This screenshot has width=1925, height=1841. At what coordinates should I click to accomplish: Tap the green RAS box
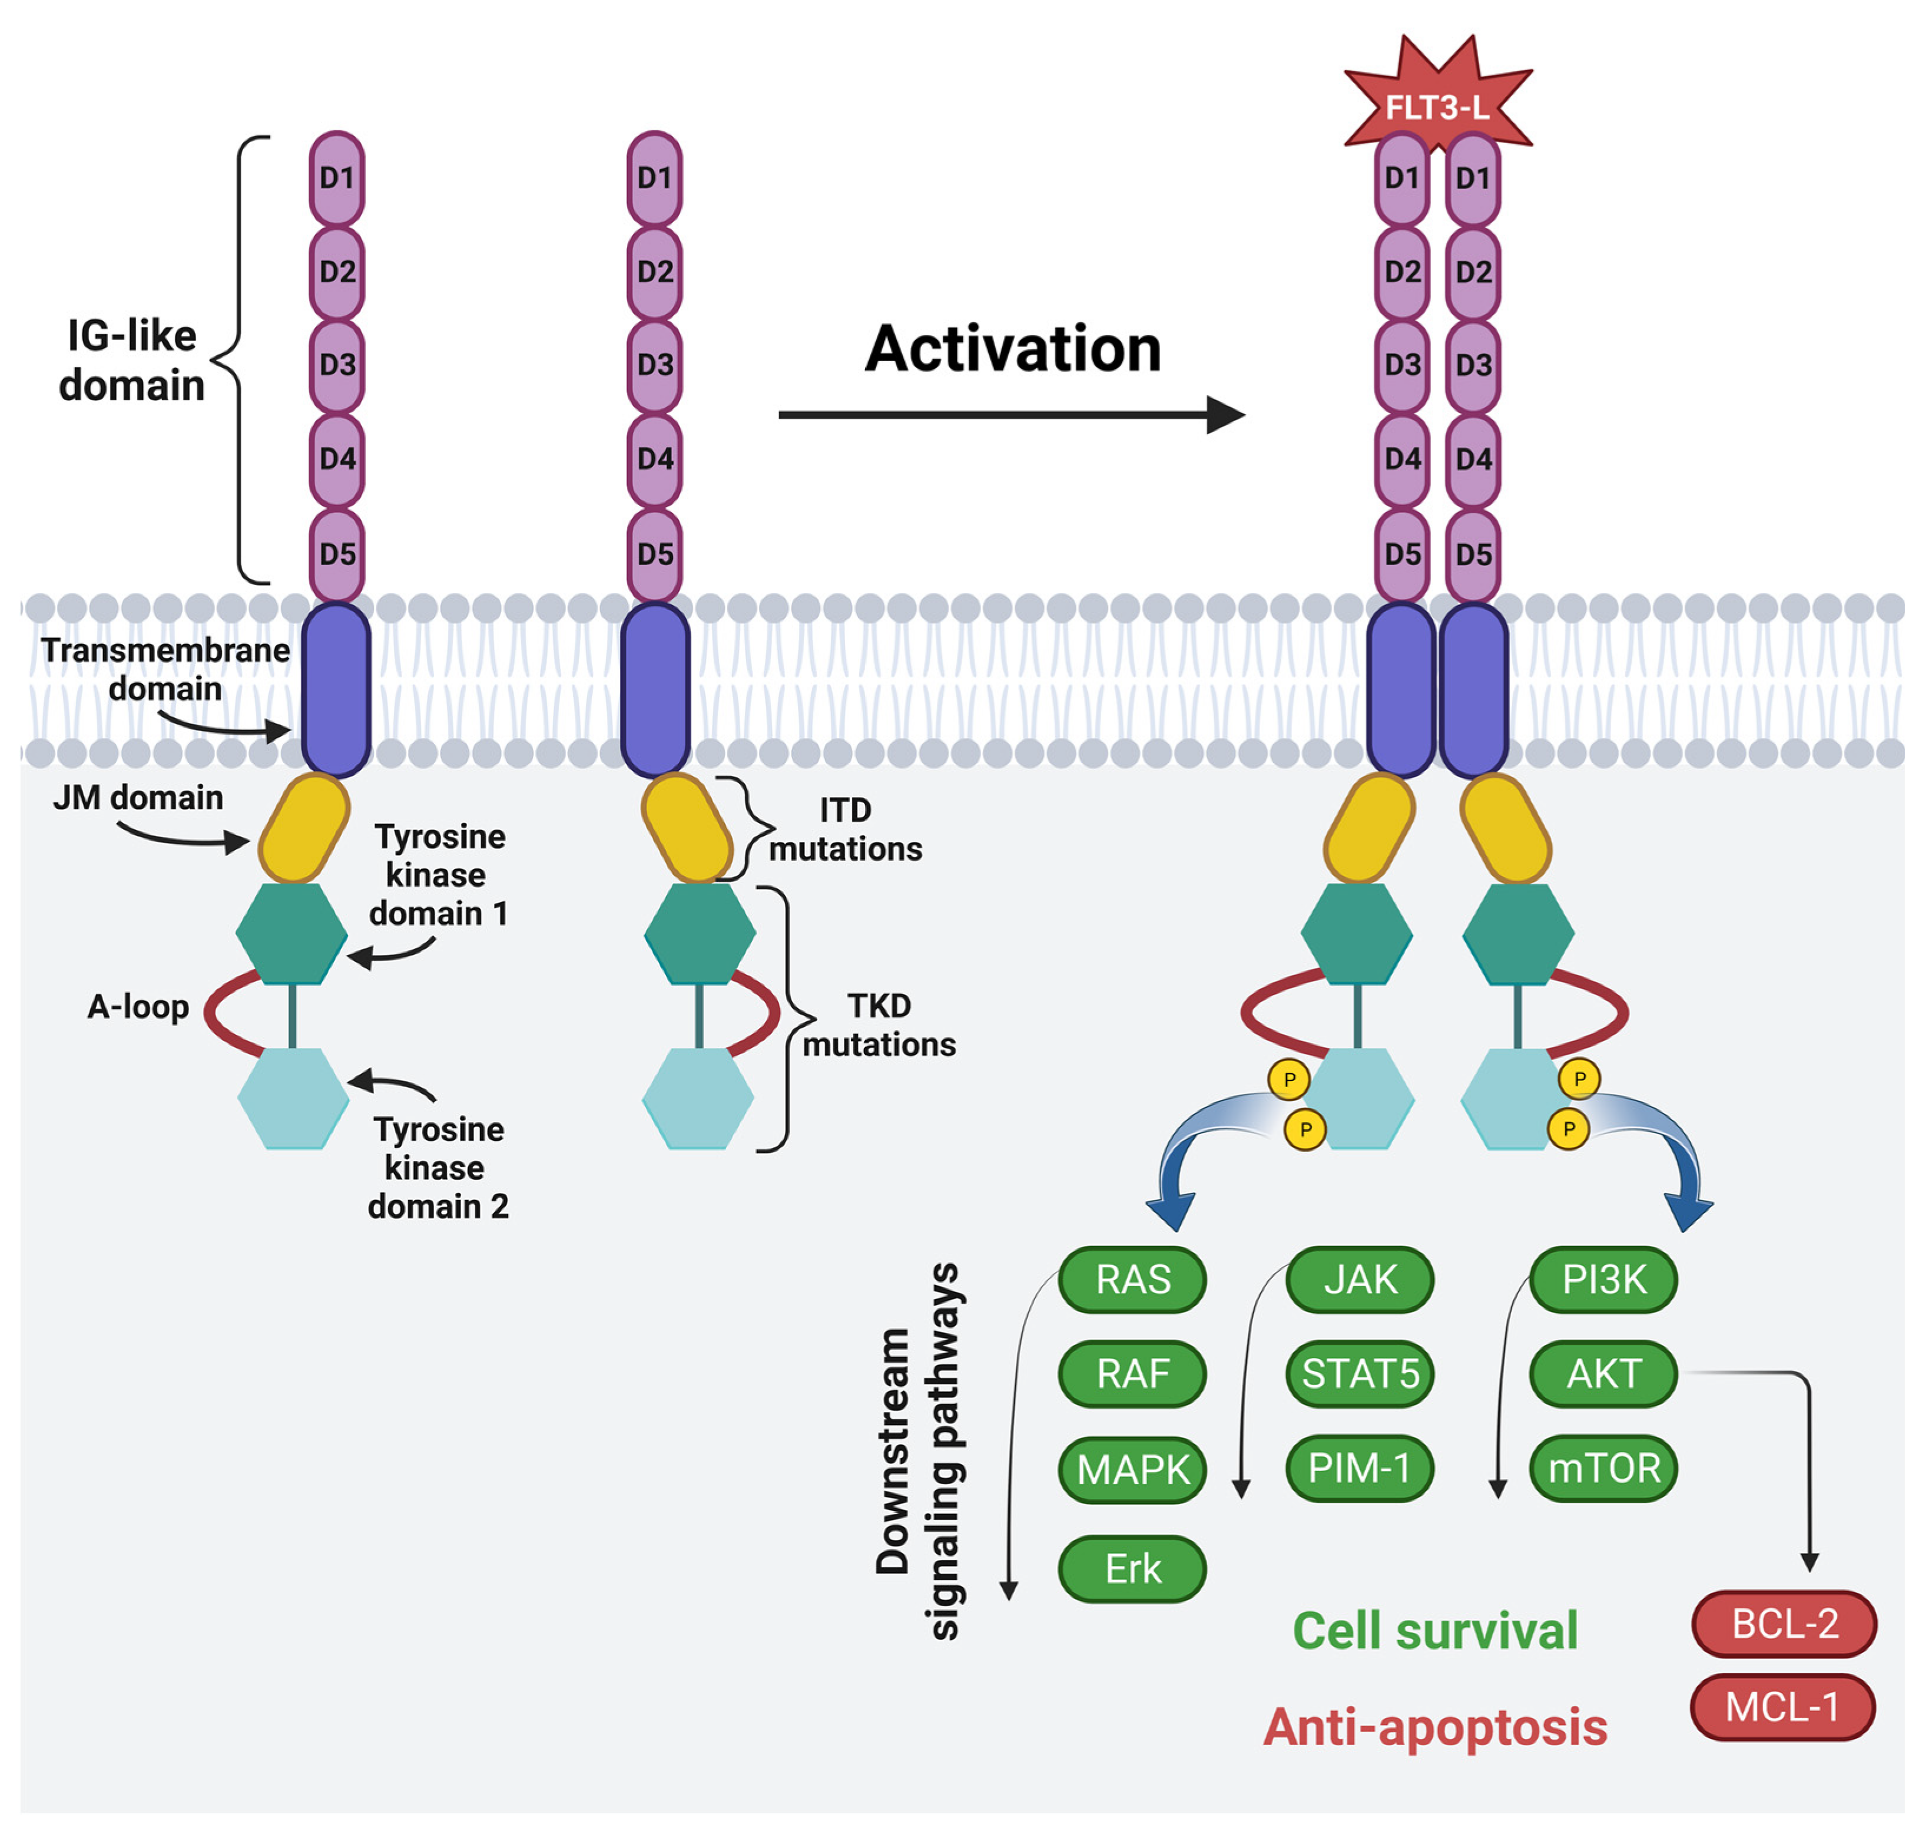coord(1132,1280)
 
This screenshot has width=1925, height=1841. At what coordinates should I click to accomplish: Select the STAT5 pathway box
coord(1360,1374)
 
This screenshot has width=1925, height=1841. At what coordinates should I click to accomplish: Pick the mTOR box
coord(1603,1468)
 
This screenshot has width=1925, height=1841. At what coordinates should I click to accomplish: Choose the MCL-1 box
coord(1782,1707)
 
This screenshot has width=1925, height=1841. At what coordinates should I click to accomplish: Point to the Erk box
coord(1132,1568)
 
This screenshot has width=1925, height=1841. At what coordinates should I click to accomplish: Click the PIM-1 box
coord(1360,1468)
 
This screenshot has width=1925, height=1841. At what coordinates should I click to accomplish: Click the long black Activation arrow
coord(1010,415)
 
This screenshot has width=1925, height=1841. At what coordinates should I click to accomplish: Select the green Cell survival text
coord(1434,1631)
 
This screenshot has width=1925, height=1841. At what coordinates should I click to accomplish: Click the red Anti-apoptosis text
coord(1434,1727)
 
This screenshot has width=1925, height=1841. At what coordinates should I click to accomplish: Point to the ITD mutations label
coord(845,829)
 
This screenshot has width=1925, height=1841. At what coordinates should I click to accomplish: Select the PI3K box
coord(1603,1280)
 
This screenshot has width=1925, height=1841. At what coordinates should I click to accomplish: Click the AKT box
coord(1603,1374)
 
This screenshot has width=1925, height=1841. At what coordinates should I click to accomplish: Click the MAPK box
coord(1132,1470)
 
